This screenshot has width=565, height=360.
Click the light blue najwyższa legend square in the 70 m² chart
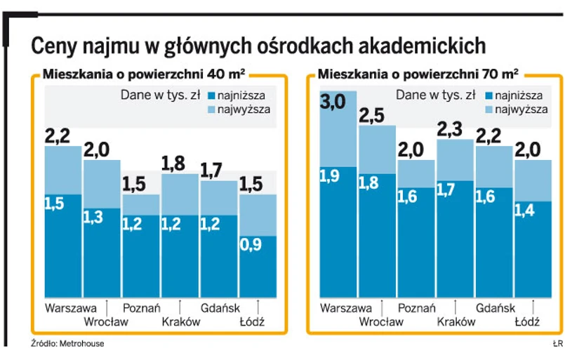click(x=486, y=109)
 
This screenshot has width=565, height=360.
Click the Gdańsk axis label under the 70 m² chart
click(x=495, y=307)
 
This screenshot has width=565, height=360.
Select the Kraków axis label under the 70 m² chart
click(x=456, y=321)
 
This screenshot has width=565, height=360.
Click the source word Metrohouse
click(x=73, y=345)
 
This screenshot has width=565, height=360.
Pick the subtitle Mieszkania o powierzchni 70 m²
click(x=418, y=73)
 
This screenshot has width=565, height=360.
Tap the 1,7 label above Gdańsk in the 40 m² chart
click(x=212, y=171)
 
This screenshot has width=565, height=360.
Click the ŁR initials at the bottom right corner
click(x=557, y=345)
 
